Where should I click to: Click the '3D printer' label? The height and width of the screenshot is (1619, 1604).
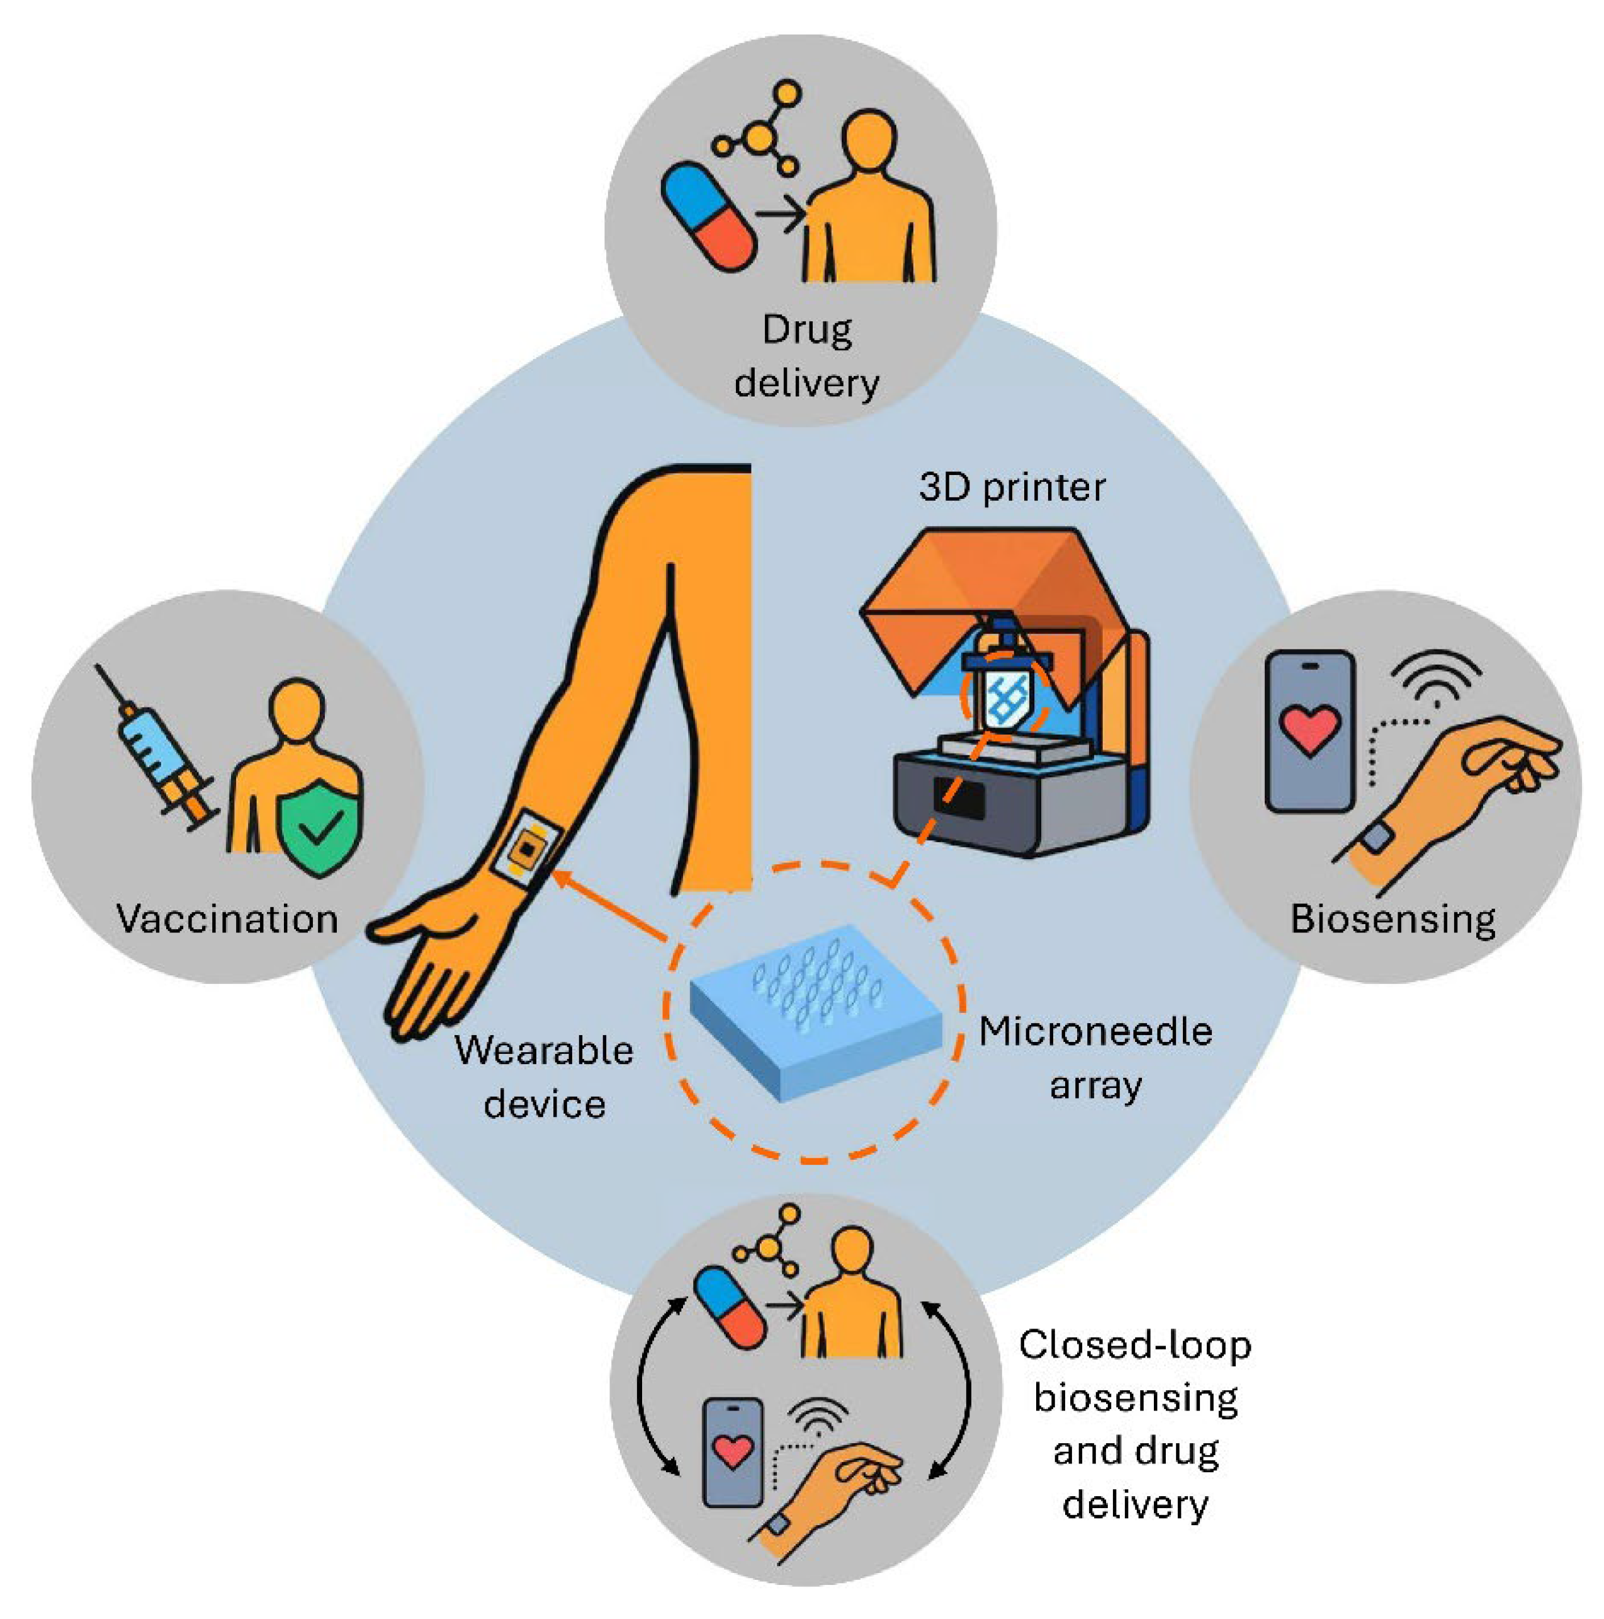(1011, 487)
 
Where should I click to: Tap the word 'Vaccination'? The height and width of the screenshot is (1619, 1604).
(227, 918)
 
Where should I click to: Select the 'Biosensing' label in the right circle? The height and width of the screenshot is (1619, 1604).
(1393, 918)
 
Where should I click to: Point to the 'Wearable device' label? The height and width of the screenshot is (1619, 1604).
(545, 1076)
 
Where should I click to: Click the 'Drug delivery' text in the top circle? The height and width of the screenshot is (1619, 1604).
(806, 356)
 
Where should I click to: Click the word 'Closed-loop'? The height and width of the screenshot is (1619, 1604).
(1135, 1345)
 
